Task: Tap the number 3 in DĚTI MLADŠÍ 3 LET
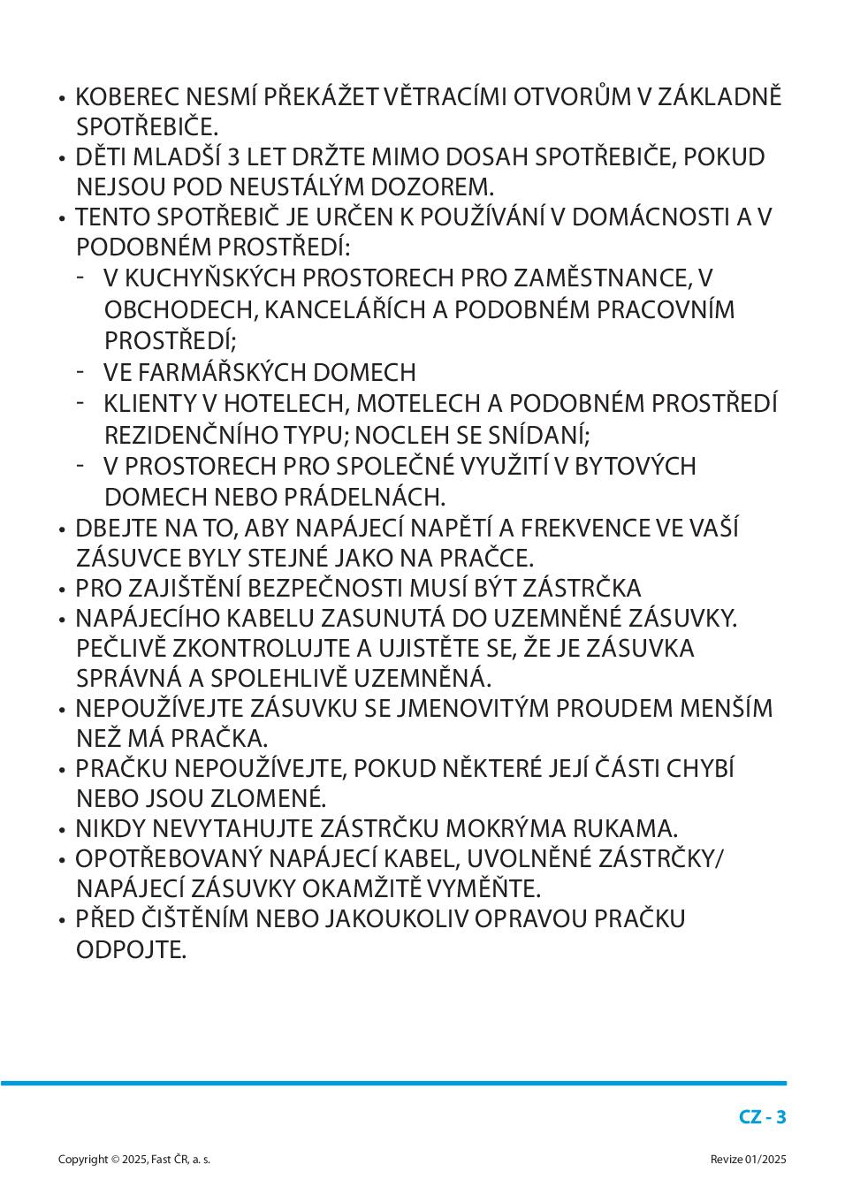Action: point(233,157)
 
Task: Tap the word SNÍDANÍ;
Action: point(540,436)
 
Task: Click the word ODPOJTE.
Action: point(131,951)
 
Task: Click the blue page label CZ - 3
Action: point(762,1117)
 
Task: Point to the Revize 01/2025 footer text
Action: point(748,1160)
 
